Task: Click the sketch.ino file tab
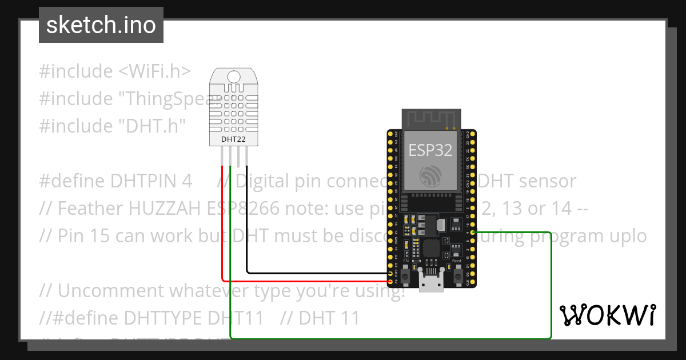pyautogui.click(x=101, y=25)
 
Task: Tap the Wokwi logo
pyautogui.click(x=607, y=315)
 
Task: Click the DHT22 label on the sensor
pyautogui.click(x=233, y=139)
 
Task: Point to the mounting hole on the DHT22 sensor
pyautogui.click(x=233, y=77)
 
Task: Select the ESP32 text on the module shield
pyautogui.click(x=430, y=150)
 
